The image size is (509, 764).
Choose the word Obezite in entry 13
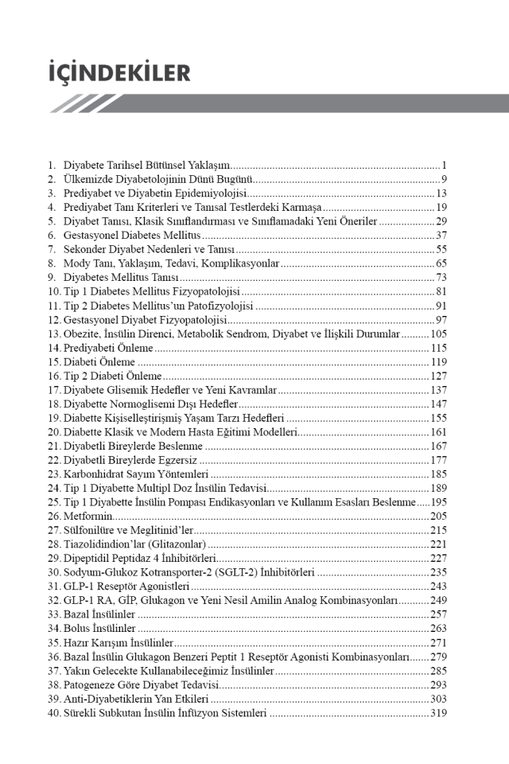click(82, 333)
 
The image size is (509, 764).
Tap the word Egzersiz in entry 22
click(177, 459)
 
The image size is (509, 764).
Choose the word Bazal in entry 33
click(78, 614)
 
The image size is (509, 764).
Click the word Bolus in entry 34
click(78, 629)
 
